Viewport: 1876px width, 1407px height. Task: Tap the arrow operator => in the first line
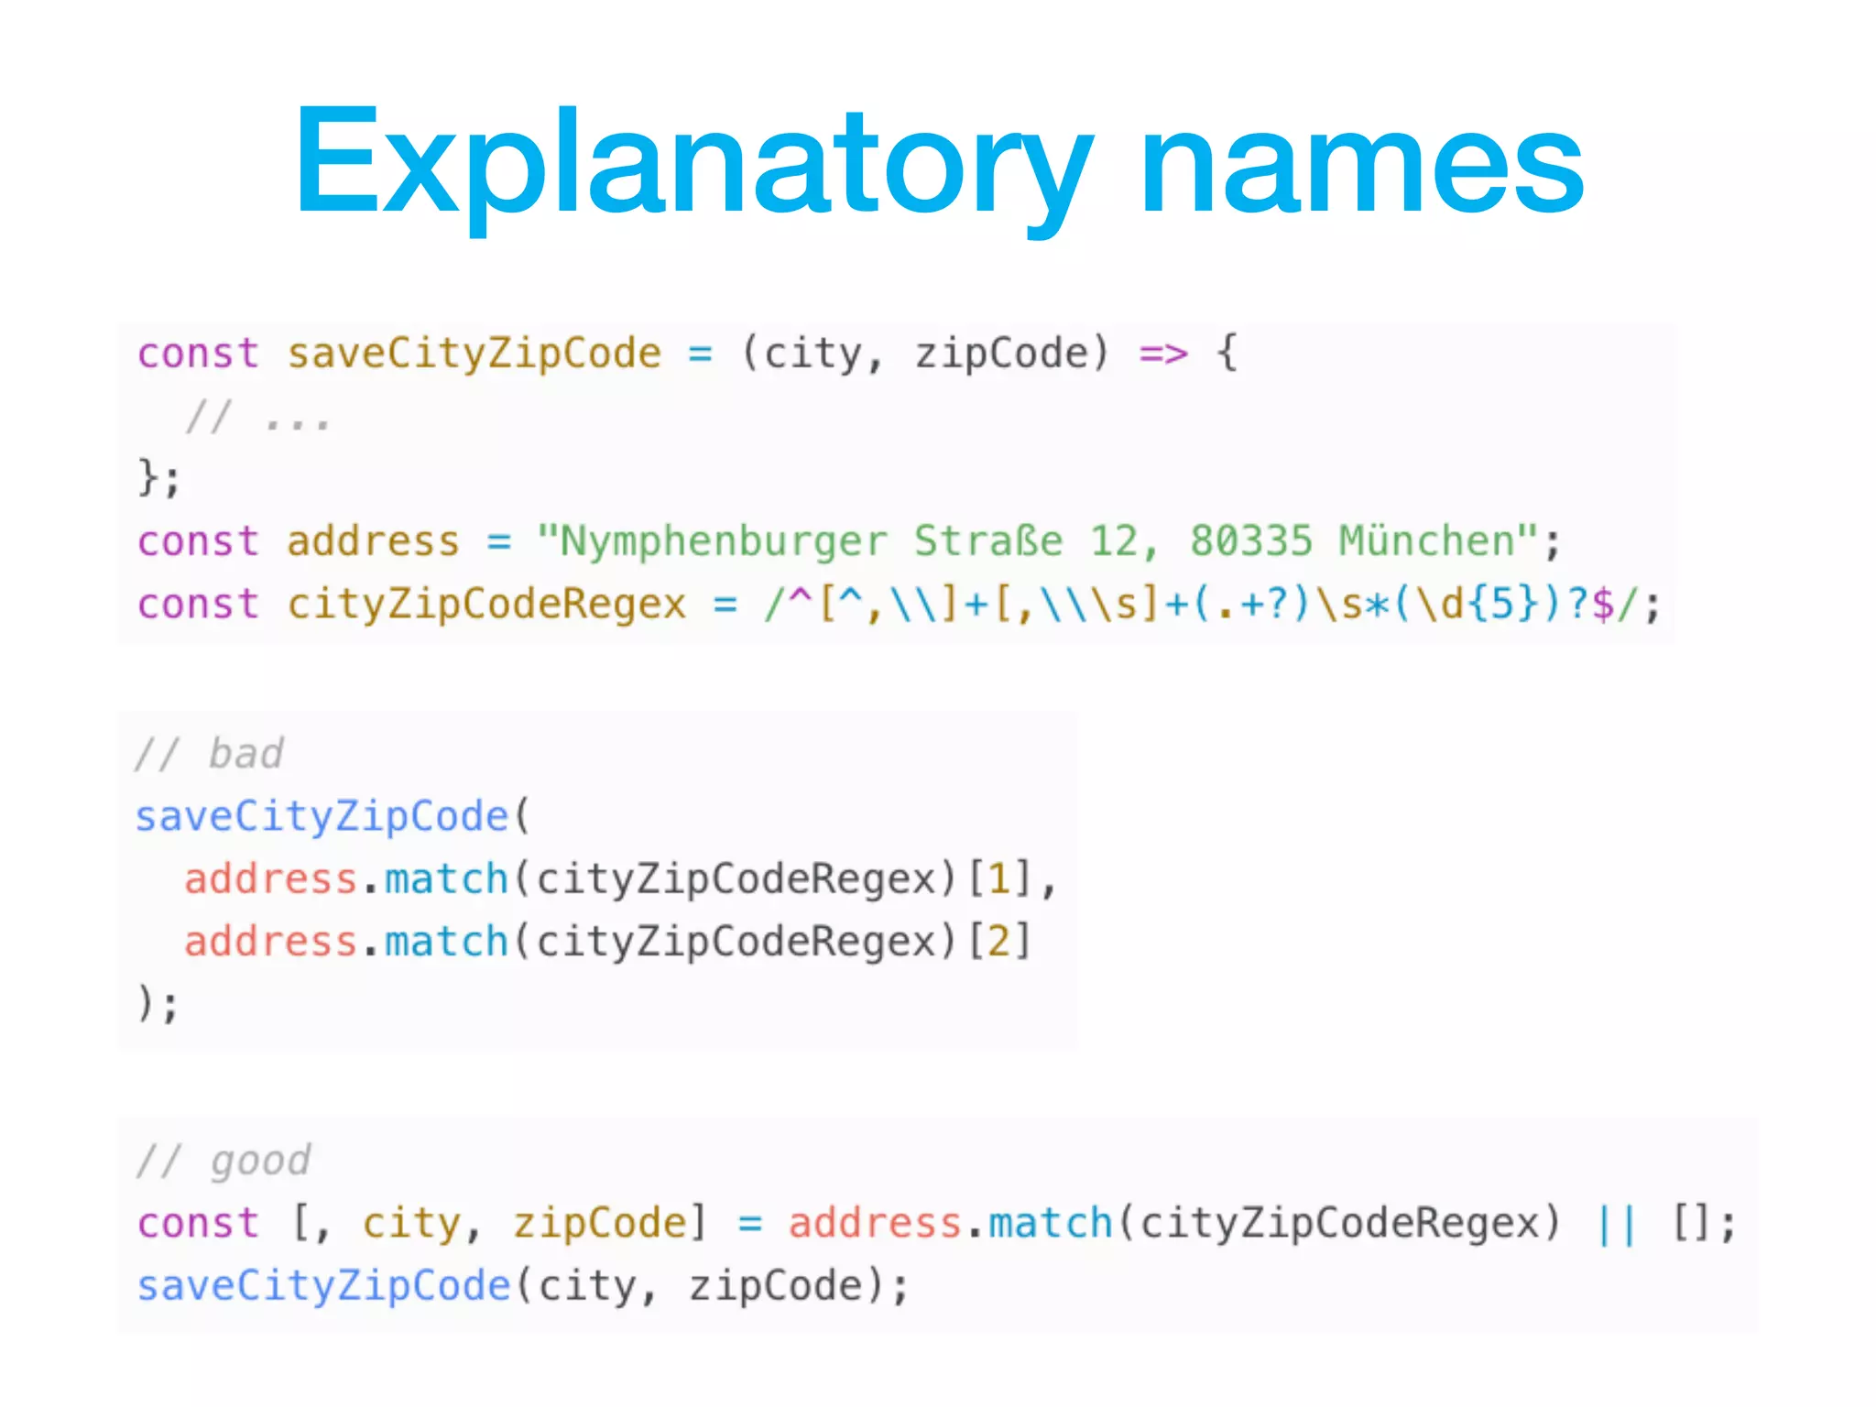pos(1163,354)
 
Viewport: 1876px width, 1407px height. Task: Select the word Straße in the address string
pos(988,541)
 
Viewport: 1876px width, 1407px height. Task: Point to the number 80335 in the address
pos(1250,541)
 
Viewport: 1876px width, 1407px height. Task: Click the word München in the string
pos(1425,541)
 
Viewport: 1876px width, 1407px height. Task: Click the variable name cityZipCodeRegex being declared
pos(486,605)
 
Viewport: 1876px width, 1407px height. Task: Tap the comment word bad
pos(246,754)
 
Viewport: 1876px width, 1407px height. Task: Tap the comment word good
pos(261,1162)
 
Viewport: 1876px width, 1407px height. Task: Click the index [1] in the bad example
pos(999,879)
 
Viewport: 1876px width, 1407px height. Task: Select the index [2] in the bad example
pos(999,942)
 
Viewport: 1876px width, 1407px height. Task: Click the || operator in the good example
pos(1617,1224)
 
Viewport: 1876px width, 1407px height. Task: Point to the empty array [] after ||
pos(1691,1224)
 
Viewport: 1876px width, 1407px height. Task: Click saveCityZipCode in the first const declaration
pos(474,354)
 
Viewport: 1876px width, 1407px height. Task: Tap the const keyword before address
pos(198,541)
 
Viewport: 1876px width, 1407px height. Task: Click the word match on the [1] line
pos(446,879)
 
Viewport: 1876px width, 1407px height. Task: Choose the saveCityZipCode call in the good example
pos(323,1286)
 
